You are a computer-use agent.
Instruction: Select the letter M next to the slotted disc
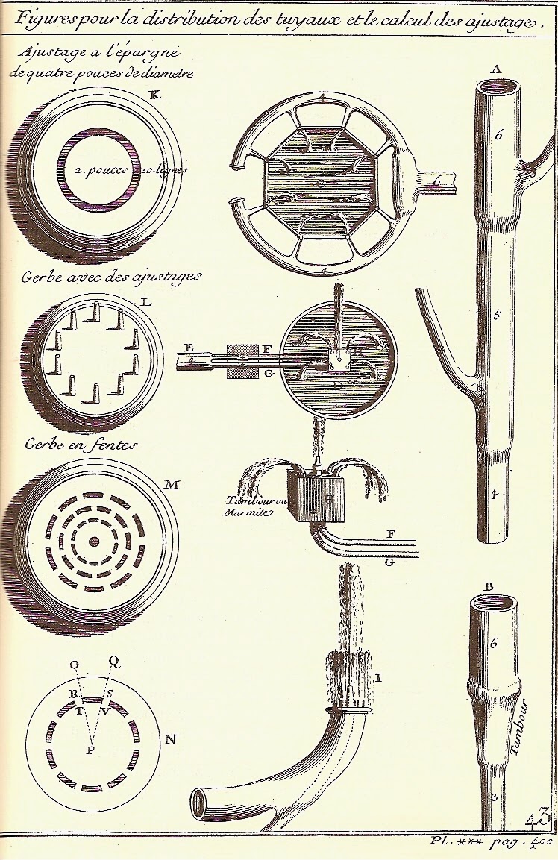pos(172,486)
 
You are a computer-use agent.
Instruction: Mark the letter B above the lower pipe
pos(489,586)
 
